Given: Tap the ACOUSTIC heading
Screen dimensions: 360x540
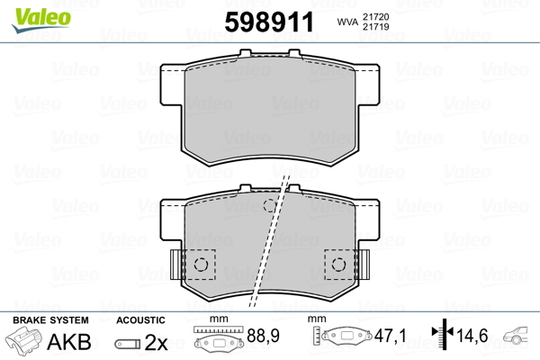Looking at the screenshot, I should (141, 320).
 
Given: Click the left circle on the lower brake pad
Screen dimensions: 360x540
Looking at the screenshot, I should (202, 264).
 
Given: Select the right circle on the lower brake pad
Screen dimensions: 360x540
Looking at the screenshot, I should (340, 264).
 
